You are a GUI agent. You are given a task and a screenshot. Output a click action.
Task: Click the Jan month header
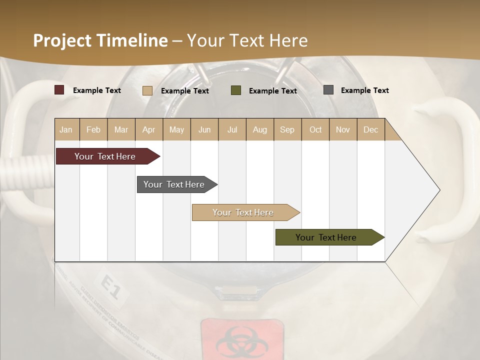(x=66, y=129)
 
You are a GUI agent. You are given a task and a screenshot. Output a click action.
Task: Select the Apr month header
(x=148, y=129)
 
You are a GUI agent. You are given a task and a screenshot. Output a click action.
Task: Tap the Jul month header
(x=232, y=129)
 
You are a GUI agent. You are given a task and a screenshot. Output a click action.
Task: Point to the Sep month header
(x=287, y=129)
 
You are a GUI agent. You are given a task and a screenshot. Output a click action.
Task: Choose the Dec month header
(x=370, y=129)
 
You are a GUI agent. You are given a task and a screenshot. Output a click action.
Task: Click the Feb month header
(x=93, y=129)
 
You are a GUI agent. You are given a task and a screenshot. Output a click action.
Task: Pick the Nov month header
(x=342, y=129)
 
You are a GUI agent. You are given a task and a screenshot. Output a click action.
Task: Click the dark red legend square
(x=59, y=90)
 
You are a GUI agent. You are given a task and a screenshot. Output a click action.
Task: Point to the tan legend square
(x=147, y=90)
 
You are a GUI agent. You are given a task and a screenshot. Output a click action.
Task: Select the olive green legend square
(x=236, y=90)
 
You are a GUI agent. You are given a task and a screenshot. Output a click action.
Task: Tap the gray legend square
(x=328, y=90)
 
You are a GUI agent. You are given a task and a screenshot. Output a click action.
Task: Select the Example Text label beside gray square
(x=364, y=90)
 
